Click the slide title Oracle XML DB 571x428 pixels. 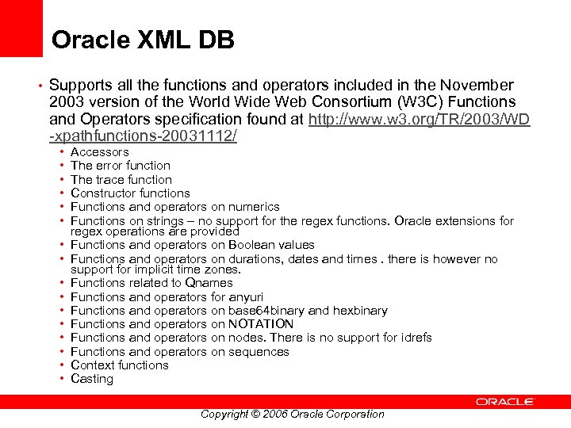point(143,40)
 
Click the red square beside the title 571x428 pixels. point(21,28)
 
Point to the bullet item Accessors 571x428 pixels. point(99,151)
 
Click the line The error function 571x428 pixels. point(120,166)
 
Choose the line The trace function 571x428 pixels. point(121,179)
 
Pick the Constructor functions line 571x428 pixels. point(130,193)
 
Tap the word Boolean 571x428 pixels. point(251,245)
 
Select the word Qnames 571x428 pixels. point(209,283)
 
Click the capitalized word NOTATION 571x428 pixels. point(261,324)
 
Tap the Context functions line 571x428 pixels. point(119,365)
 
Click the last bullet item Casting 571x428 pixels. point(92,379)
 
